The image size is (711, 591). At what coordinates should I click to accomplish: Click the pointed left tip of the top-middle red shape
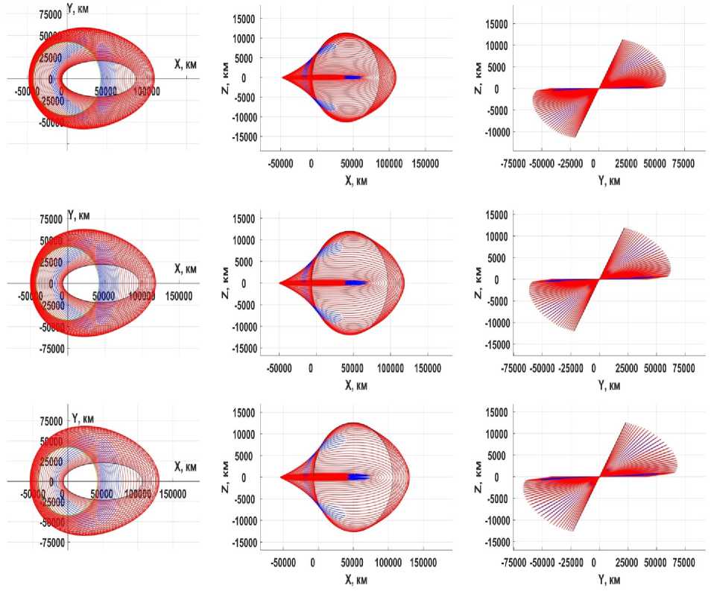coord(282,77)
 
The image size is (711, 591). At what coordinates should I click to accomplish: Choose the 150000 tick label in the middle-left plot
coord(176,296)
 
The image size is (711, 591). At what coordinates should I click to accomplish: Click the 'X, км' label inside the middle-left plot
coord(186,268)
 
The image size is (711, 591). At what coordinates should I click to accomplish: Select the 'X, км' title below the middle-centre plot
coord(355,385)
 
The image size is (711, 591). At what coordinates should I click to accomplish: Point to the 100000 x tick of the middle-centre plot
coord(390,368)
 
